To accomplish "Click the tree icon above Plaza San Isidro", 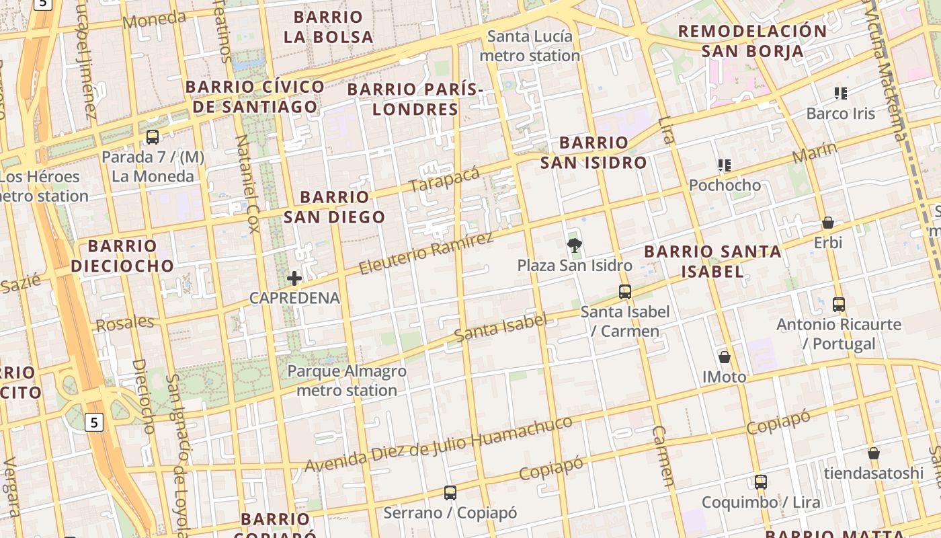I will (574, 245).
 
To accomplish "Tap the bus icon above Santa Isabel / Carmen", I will (625, 292).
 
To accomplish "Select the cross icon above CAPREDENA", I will (294, 278).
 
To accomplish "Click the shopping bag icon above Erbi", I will (828, 223).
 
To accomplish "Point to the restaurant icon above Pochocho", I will (725, 165).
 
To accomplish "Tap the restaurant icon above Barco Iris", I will (841, 93).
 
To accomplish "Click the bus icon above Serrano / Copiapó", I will (450, 493).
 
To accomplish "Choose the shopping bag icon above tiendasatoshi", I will (874, 453).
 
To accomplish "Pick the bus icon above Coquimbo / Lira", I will (761, 482).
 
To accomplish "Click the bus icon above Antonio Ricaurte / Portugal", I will (839, 304).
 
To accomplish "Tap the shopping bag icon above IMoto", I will (725, 356).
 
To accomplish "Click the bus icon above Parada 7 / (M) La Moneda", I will (153, 137).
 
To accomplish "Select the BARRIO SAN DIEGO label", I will (334, 206).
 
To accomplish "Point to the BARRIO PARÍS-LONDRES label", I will (415, 99).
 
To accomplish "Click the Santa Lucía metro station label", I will (530, 46).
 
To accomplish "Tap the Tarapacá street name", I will (444, 178).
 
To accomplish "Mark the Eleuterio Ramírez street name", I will (426, 253).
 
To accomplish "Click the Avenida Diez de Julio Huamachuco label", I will (439, 444).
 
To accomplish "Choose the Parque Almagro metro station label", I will (347, 381).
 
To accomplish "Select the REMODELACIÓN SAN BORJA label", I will (752, 40).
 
